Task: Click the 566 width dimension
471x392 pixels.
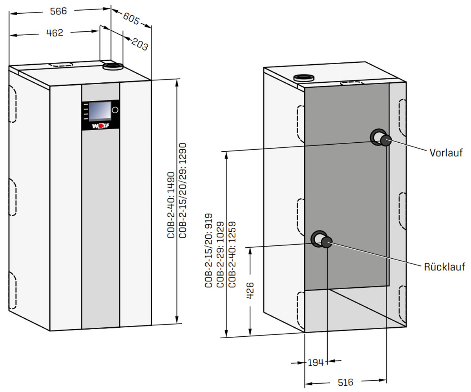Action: click(x=58, y=11)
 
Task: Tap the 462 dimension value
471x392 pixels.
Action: click(x=55, y=33)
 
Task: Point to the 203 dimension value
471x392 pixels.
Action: click(x=139, y=44)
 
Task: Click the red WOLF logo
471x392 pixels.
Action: click(x=100, y=126)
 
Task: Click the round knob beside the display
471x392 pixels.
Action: click(x=115, y=110)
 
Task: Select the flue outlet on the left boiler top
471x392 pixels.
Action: click(x=113, y=67)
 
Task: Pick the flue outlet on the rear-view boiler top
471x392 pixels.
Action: click(x=304, y=78)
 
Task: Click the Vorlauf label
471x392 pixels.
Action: click(x=446, y=153)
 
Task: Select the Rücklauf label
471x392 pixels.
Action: click(x=444, y=267)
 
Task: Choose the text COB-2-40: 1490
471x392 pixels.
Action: click(x=171, y=205)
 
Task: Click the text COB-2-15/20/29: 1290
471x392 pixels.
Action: click(x=183, y=190)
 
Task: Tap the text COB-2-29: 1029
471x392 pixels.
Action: click(x=220, y=255)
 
